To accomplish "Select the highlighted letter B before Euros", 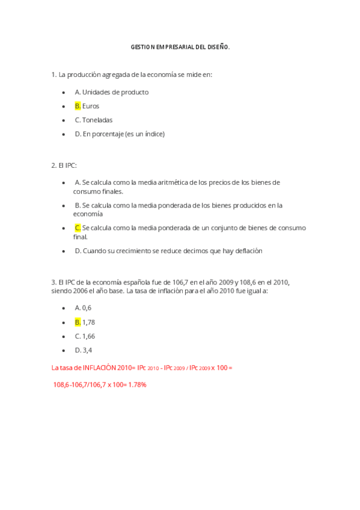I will point(78,106).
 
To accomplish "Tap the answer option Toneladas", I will point(97,120).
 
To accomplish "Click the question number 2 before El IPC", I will point(53,165).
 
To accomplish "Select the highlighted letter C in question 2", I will point(78,228).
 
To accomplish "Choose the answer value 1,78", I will point(88,322).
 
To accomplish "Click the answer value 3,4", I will point(87,350).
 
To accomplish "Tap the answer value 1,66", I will point(88,336).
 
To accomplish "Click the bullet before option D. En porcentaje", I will point(64,134).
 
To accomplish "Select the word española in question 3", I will point(139,282).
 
